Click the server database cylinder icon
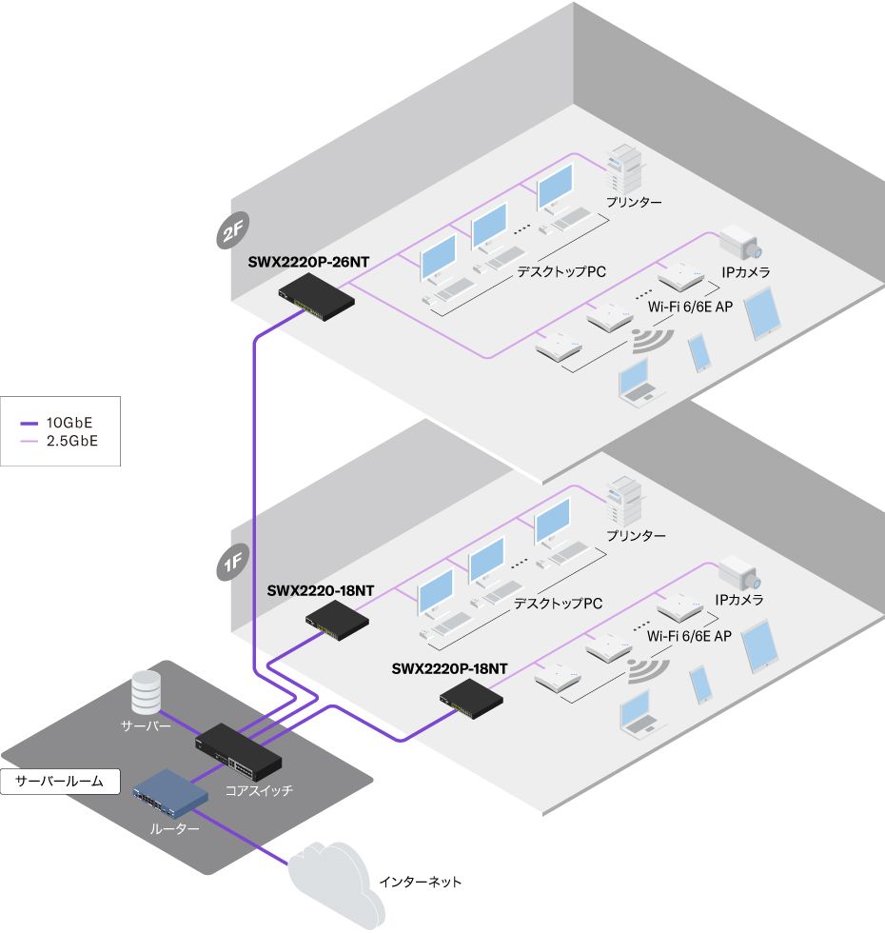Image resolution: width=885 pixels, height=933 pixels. pos(146,692)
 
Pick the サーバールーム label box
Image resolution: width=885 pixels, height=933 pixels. pos(60,783)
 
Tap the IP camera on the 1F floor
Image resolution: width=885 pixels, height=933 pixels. pos(739,573)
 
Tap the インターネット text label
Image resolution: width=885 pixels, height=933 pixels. pos(420,883)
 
